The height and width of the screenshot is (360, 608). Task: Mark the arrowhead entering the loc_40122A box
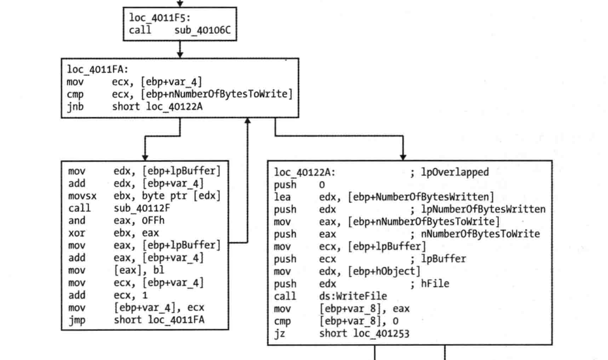(x=403, y=157)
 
